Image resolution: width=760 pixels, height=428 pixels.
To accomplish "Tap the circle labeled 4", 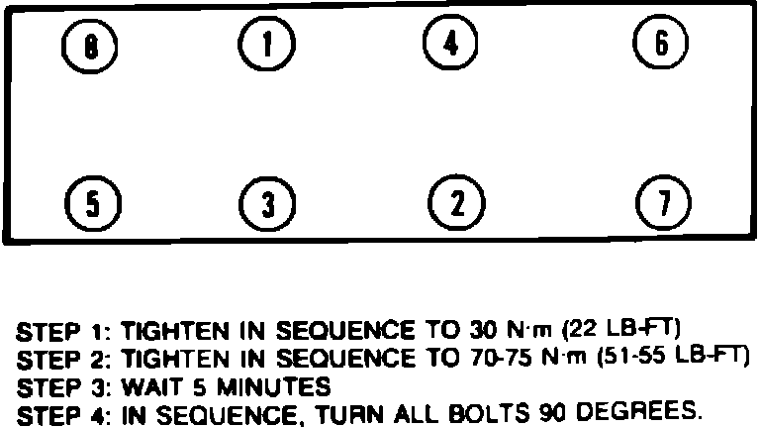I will pyautogui.click(x=450, y=43).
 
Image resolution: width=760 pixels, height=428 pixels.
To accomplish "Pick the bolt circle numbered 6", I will pyautogui.click(x=662, y=43).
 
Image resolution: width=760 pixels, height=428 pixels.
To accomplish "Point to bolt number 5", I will pyautogui.click(x=91, y=204).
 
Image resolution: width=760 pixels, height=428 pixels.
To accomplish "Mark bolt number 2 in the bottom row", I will pyautogui.click(x=457, y=202).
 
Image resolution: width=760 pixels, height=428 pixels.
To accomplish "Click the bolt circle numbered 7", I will pyautogui.click(x=662, y=203).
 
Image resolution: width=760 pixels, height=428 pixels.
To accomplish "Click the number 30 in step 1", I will pyautogui.click(x=477, y=329).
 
